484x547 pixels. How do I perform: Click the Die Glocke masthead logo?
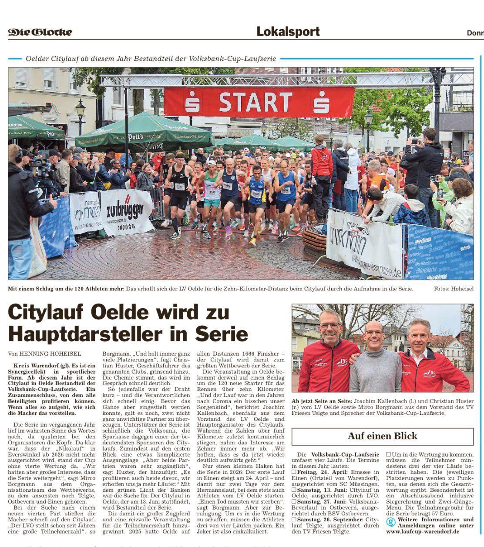(x=40, y=32)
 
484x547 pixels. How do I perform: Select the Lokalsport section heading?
(x=288, y=32)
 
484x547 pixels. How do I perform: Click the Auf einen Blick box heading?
(x=382, y=436)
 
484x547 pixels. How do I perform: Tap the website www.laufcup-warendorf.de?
(x=423, y=531)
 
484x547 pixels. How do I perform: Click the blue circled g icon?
(x=391, y=522)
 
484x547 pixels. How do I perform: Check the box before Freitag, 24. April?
(x=294, y=472)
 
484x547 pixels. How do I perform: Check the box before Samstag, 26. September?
(x=294, y=520)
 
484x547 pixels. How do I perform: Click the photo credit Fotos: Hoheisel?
(x=453, y=289)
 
